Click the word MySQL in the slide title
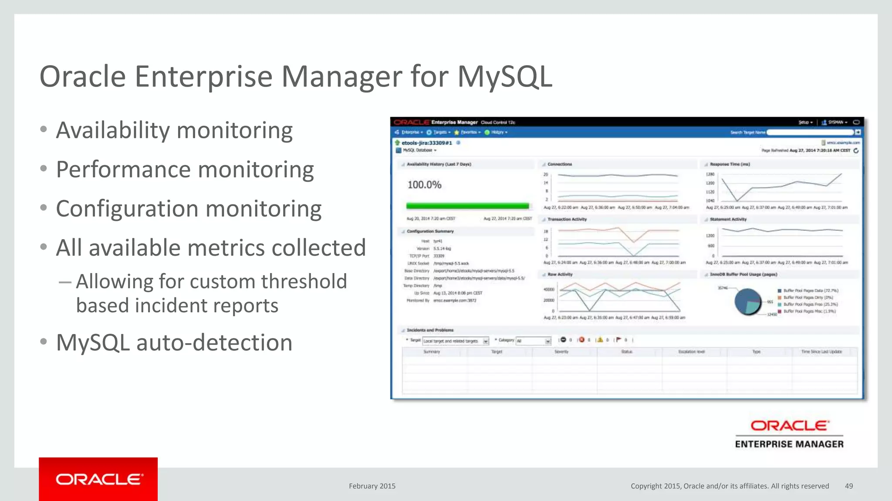point(504,77)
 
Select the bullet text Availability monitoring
point(174,130)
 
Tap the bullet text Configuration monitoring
point(189,209)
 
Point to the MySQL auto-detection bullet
point(174,343)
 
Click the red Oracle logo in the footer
point(98,479)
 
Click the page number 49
point(849,486)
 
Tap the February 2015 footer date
point(372,486)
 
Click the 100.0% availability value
point(424,185)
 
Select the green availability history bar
point(467,206)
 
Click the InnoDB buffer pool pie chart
point(748,301)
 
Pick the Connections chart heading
point(560,164)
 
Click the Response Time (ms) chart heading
point(730,164)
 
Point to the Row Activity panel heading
point(560,274)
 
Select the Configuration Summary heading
point(430,231)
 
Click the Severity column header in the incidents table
point(561,352)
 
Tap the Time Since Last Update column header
point(821,352)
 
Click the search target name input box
point(810,132)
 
